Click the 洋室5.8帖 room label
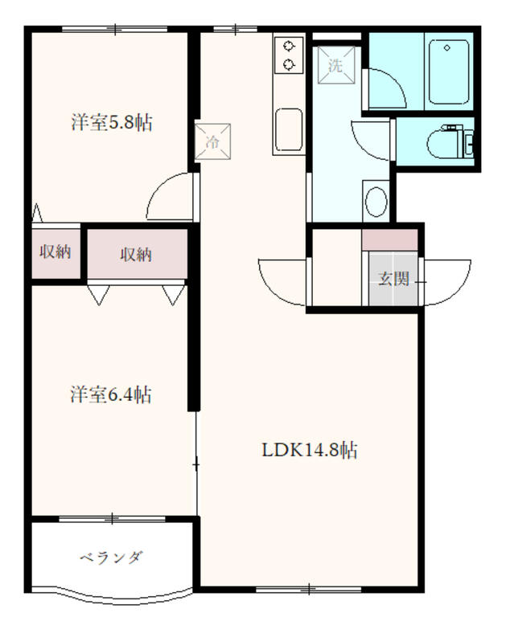pyautogui.click(x=111, y=123)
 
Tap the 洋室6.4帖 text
pyautogui.click(x=110, y=394)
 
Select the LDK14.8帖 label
pyautogui.click(x=310, y=450)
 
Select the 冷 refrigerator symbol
pyautogui.click(x=212, y=141)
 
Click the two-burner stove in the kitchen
pyautogui.click(x=287, y=55)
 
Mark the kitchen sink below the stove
pyautogui.click(x=289, y=126)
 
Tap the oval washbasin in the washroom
pyautogui.click(x=376, y=200)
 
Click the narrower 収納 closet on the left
pyautogui.click(x=56, y=252)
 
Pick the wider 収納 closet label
pyautogui.click(x=136, y=255)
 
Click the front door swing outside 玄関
pyautogui.click(x=447, y=281)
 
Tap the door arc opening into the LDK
pyautogui.click(x=282, y=281)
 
